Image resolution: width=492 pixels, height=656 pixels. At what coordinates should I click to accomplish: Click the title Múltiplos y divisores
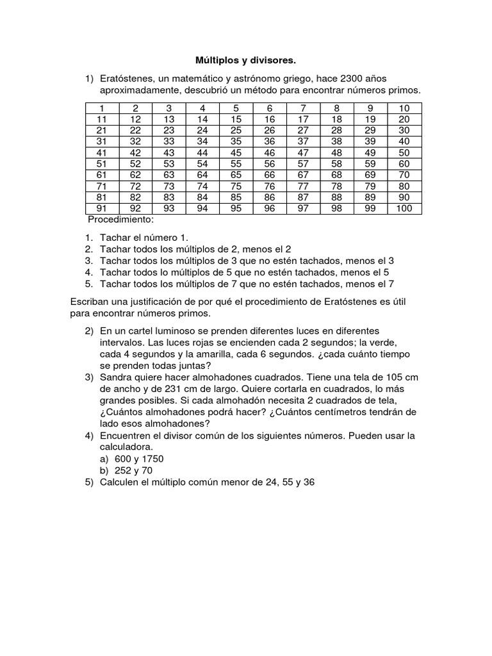click(x=246, y=60)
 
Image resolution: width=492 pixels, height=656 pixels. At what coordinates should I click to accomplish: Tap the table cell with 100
click(x=404, y=208)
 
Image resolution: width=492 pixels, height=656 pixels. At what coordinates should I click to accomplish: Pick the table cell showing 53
click(x=169, y=163)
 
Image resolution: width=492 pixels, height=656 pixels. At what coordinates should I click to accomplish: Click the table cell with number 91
click(x=101, y=208)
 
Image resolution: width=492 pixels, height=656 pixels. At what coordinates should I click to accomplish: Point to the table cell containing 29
click(x=370, y=130)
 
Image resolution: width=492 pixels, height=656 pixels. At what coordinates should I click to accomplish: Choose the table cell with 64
click(x=202, y=174)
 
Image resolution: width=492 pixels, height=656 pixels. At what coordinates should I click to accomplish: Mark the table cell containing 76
click(x=270, y=186)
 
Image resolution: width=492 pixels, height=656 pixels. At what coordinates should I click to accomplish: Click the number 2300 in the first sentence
click(x=354, y=79)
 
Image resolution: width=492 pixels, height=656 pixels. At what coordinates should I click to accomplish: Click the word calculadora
click(x=129, y=447)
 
